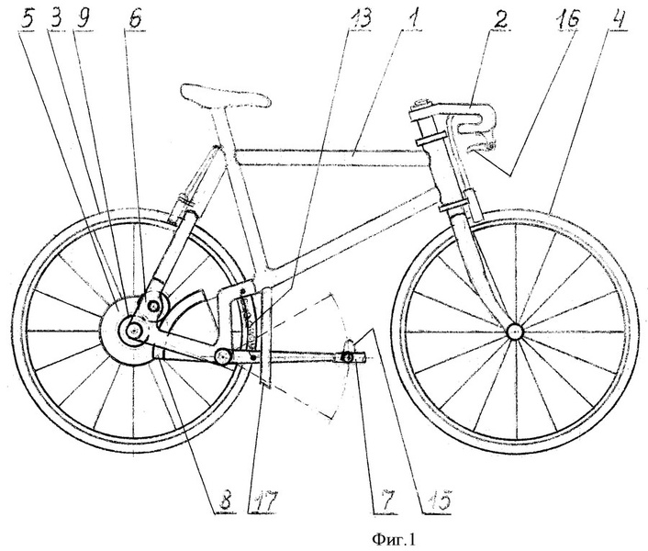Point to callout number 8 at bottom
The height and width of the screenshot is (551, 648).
click(226, 501)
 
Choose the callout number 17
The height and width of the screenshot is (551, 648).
click(263, 501)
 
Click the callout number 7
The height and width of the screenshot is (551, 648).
click(385, 501)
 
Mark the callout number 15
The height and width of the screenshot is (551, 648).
click(437, 501)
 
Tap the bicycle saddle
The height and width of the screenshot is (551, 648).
click(225, 96)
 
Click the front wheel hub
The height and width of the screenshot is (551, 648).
click(515, 332)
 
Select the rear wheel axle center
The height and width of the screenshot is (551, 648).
click(134, 330)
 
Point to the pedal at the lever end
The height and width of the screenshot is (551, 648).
click(349, 356)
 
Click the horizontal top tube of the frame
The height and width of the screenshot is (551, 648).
click(330, 158)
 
